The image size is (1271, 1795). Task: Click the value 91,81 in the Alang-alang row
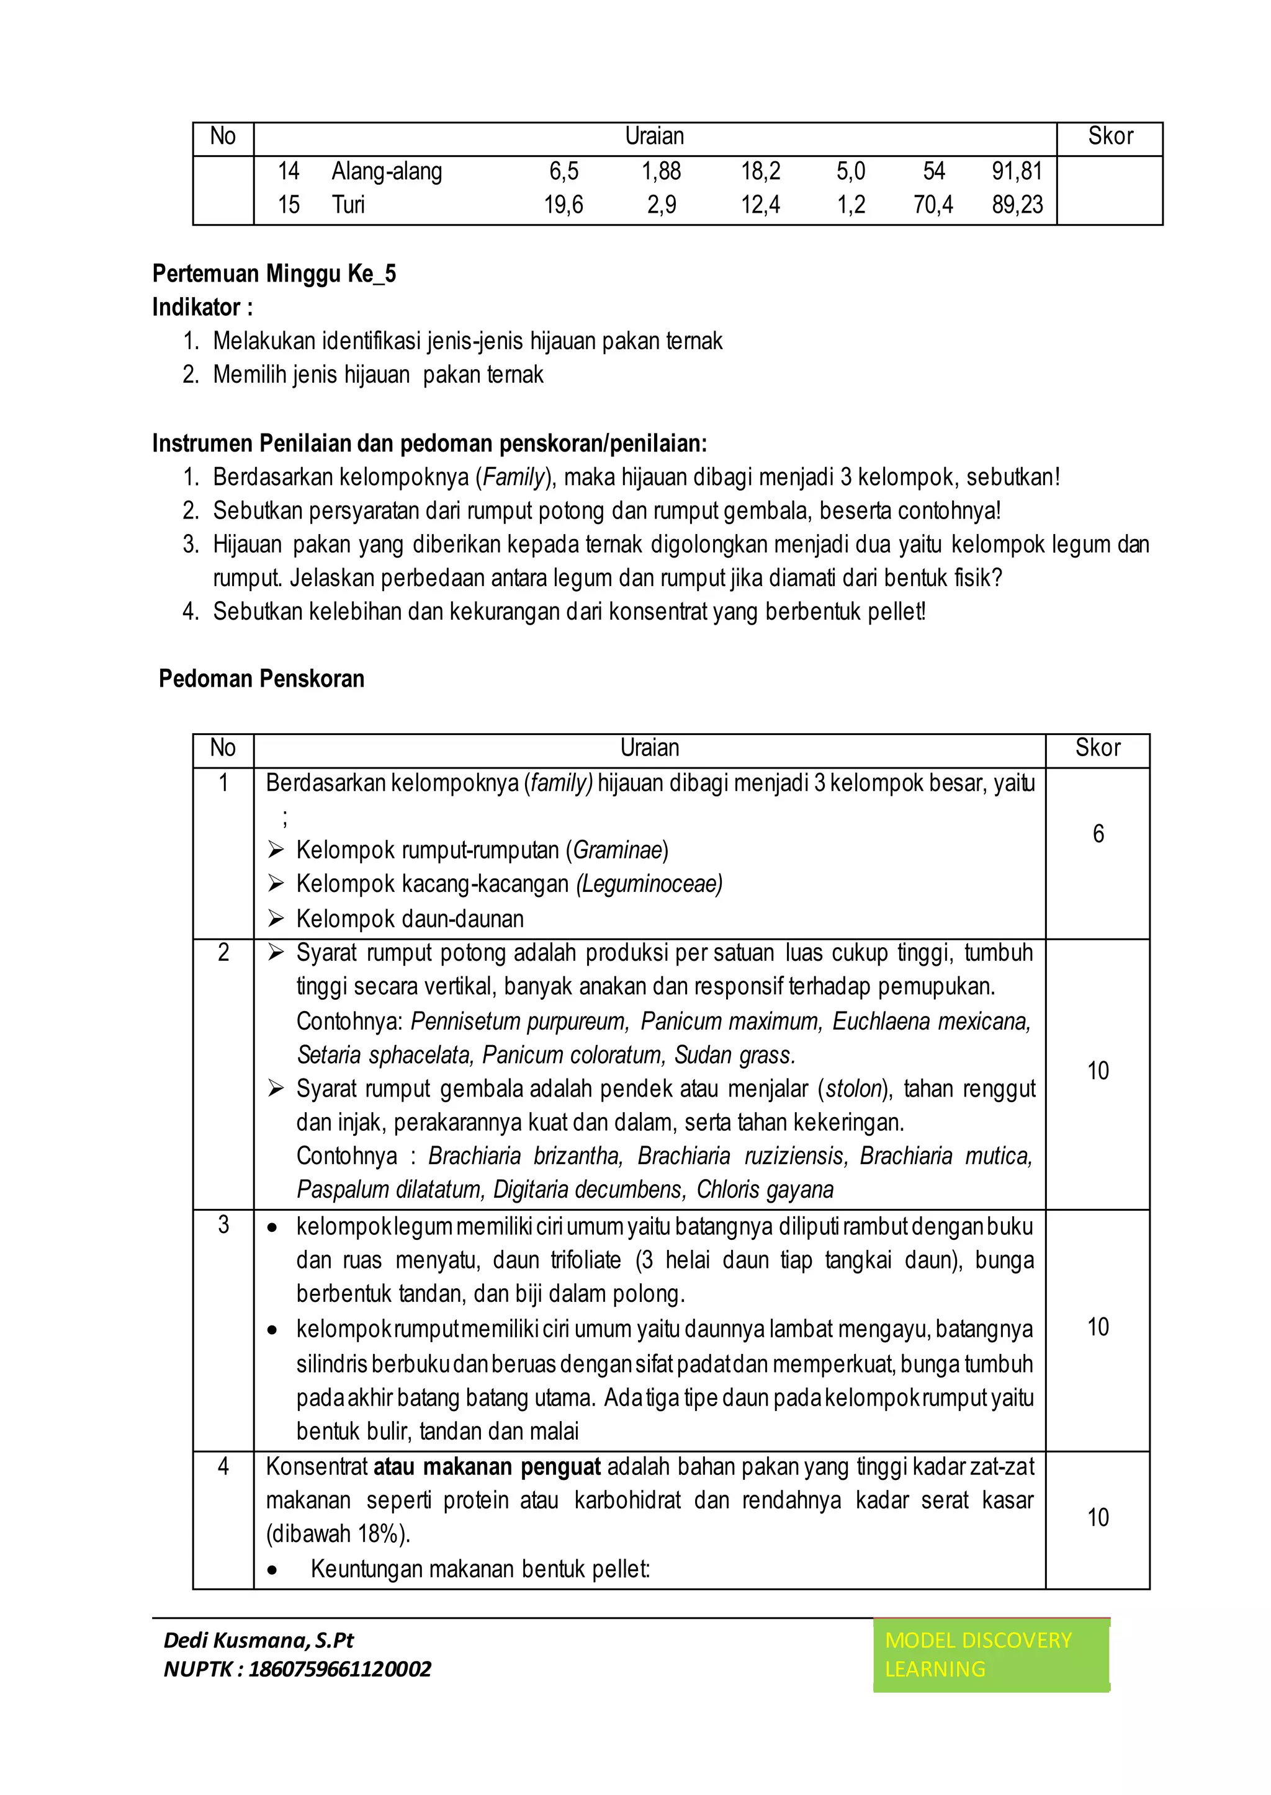(x=1017, y=171)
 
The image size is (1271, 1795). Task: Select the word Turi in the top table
(x=348, y=205)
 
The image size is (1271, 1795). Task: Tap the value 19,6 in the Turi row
(x=563, y=205)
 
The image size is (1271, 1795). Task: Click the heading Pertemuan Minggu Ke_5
(x=274, y=274)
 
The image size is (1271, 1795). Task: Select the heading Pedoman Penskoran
(x=261, y=678)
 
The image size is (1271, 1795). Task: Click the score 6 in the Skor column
(x=1098, y=834)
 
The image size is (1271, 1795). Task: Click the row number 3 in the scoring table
(x=223, y=1225)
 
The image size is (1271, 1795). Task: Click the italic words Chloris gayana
(x=765, y=1190)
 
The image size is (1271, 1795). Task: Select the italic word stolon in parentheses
(x=854, y=1089)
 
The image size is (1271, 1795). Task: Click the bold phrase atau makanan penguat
(x=487, y=1466)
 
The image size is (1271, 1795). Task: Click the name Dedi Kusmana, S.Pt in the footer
(x=258, y=1640)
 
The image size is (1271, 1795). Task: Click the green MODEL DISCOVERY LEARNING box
(x=991, y=1654)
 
